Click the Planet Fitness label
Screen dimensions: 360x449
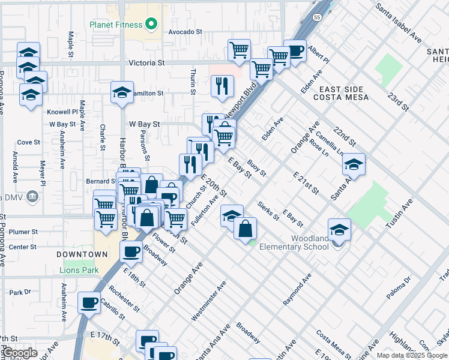pos(116,25)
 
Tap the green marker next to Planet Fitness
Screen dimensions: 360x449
pos(151,25)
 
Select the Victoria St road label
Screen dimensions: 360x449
pos(146,62)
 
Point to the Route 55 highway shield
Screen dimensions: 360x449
pos(316,19)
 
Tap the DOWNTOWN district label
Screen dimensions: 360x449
pos(82,254)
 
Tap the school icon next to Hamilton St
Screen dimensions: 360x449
pos(122,93)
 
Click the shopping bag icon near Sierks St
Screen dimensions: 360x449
pos(245,228)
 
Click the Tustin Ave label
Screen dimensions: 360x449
pos(400,214)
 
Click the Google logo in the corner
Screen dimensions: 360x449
pos(20,353)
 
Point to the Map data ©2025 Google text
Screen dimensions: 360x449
pos(412,355)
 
